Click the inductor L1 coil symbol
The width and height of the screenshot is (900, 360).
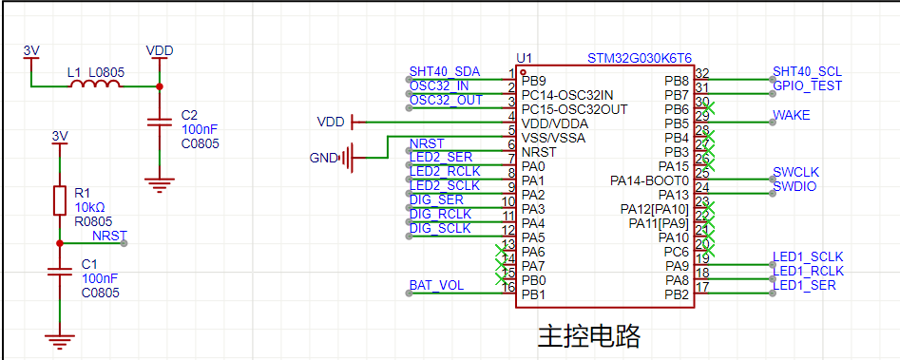(95, 84)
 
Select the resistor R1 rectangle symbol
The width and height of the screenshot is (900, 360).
(60, 200)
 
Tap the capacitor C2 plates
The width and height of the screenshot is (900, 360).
(159, 123)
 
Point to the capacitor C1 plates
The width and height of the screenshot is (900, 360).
(60, 271)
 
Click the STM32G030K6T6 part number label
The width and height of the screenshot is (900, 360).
(640, 59)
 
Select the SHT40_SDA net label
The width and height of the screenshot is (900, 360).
(444, 71)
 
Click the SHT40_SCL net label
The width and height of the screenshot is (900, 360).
(807, 71)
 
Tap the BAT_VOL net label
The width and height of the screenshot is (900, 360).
(436, 286)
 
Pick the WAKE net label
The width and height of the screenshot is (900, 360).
(792, 115)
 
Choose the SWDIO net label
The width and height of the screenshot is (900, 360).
(795, 186)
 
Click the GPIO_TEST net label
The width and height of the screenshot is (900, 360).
(807, 86)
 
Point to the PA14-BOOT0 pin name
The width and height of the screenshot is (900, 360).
(649, 181)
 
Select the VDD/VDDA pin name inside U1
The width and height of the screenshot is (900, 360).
(554, 123)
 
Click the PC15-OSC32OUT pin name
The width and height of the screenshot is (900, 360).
(575, 109)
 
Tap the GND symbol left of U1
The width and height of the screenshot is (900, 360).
(346, 157)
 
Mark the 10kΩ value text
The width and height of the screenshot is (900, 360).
(89, 206)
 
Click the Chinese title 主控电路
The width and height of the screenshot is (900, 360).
(588, 336)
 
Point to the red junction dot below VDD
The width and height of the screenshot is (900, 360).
(159, 86)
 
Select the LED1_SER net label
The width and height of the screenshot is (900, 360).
(804, 285)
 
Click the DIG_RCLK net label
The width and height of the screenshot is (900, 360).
(440, 214)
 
